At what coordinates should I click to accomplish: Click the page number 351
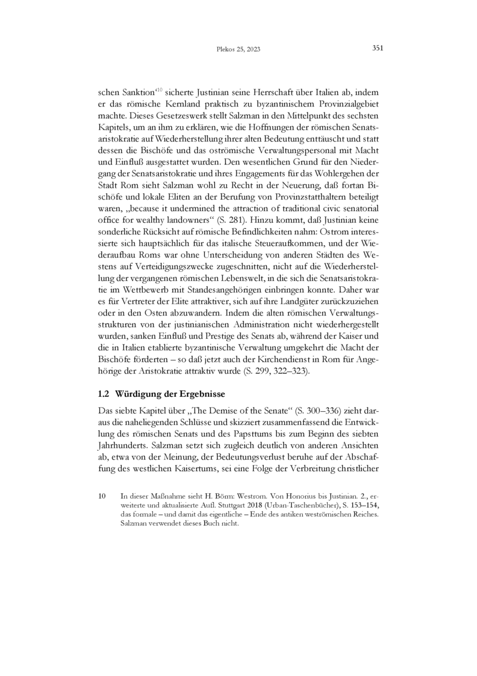pos(377,48)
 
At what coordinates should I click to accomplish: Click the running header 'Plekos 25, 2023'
pos(238,50)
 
